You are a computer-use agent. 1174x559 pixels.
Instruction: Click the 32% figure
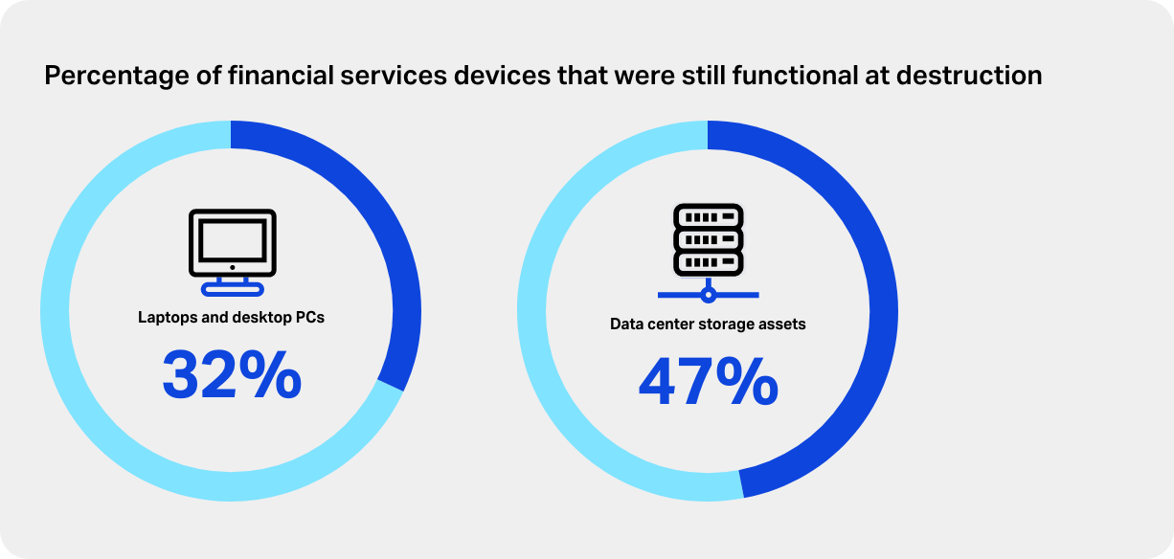pyautogui.click(x=232, y=375)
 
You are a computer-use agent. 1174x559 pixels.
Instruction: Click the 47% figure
pyautogui.click(x=708, y=383)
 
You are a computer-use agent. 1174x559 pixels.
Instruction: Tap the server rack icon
pyautogui.click(x=709, y=238)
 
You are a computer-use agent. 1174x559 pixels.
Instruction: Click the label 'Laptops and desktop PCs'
pyautogui.click(x=231, y=317)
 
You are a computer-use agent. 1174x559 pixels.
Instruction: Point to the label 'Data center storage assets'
pyautogui.click(x=708, y=324)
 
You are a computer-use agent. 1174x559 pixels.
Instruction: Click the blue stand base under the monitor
pyautogui.click(x=232, y=288)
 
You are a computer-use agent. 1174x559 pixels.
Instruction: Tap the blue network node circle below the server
pyautogui.click(x=709, y=294)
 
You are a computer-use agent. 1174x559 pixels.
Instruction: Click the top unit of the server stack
pyautogui.click(x=709, y=216)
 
